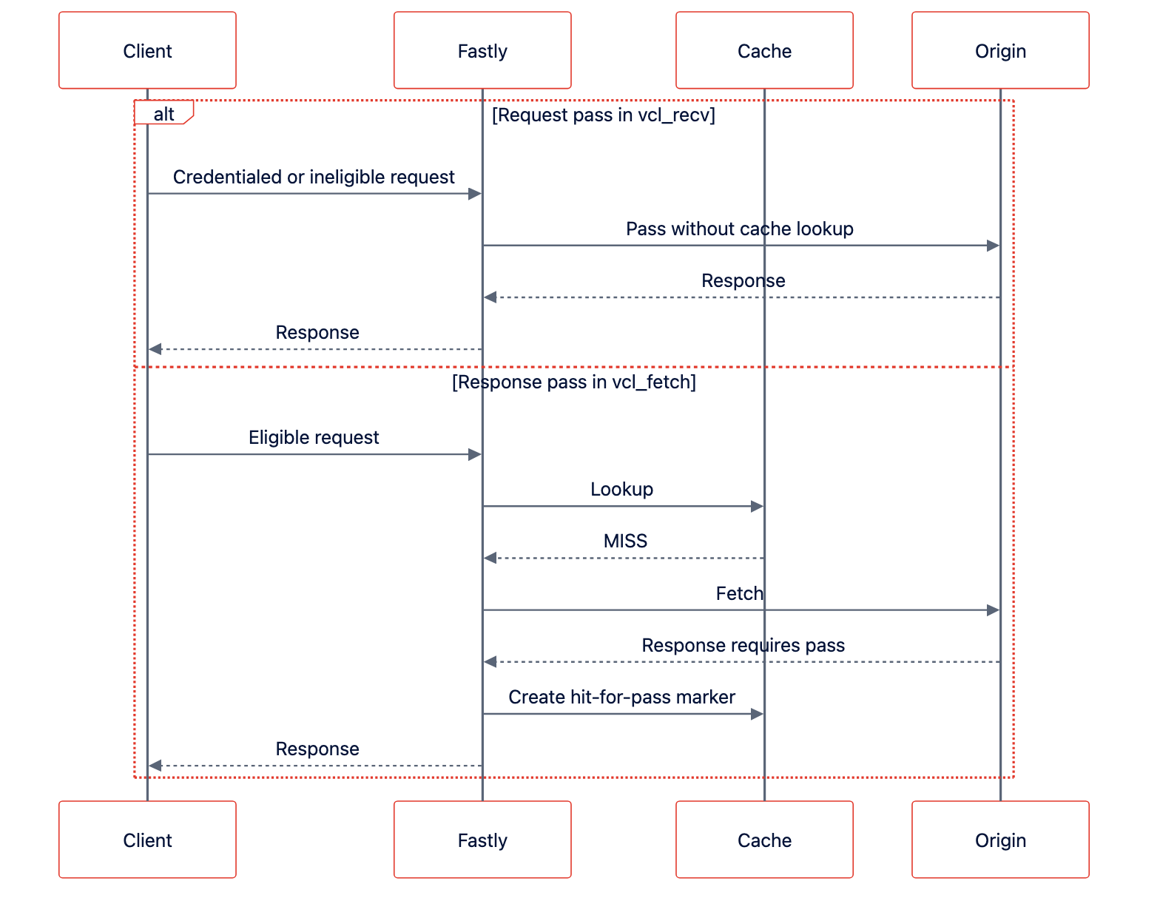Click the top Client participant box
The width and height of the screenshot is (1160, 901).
[x=147, y=50]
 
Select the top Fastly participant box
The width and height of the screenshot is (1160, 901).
[x=482, y=50]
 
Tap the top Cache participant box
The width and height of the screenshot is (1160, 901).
[x=764, y=50]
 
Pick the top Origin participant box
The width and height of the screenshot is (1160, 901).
[x=1000, y=50]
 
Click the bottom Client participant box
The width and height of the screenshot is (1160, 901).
[x=147, y=839]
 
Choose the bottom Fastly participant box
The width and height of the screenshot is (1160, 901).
[x=482, y=839]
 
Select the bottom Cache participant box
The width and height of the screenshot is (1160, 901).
[x=764, y=839]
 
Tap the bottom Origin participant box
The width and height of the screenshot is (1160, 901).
[x=1000, y=839]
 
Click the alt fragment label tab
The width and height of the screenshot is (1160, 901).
[x=163, y=112]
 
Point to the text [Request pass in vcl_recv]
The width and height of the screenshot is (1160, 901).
[x=603, y=115]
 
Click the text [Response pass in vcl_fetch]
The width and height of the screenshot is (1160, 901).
[x=574, y=382]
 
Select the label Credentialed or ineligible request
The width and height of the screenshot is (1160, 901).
[x=314, y=177]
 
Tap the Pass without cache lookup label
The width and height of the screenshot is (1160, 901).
[x=739, y=229]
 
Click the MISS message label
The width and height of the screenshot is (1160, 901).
[x=625, y=541]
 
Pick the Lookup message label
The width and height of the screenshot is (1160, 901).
[x=621, y=490]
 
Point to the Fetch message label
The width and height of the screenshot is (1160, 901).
[x=739, y=593]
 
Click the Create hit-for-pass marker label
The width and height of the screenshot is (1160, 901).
[x=621, y=697]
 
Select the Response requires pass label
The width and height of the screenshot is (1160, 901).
[x=743, y=645]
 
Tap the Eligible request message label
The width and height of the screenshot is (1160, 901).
[x=314, y=438]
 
